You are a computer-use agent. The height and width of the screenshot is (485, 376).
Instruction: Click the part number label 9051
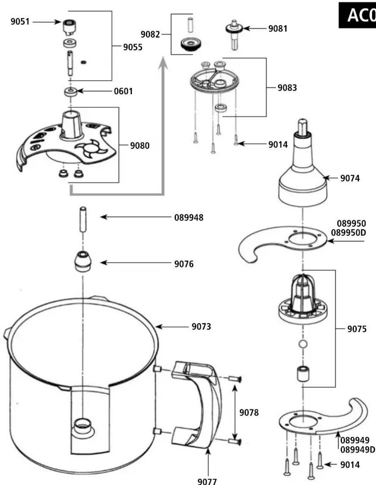(20, 22)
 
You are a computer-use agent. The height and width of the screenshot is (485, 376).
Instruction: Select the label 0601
(123, 91)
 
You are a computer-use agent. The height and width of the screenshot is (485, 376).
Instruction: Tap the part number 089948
(189, 218)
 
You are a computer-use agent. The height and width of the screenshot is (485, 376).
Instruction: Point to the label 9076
(184, 264)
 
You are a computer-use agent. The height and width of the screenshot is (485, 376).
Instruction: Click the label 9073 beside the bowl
(201, 326)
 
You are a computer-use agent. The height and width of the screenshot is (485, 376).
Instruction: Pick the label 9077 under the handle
(207, 481)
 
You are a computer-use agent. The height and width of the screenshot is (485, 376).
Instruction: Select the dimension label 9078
(249, 412)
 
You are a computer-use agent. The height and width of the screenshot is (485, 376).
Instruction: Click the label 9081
(278, 29)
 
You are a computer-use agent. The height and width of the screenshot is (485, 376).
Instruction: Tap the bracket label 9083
(287, 88)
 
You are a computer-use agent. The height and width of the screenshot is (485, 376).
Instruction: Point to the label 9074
(350, 178)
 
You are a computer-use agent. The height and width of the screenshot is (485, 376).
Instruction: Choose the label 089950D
(348, 233)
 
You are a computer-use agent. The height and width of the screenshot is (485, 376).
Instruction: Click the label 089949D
(358, 450)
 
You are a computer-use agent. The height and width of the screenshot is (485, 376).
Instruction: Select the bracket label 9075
(357, 329)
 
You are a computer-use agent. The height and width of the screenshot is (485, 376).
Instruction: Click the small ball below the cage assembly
(303, 344)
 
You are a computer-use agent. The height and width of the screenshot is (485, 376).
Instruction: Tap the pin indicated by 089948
(83, 220)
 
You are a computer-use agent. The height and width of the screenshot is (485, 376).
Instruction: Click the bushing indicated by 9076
(83, 262)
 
